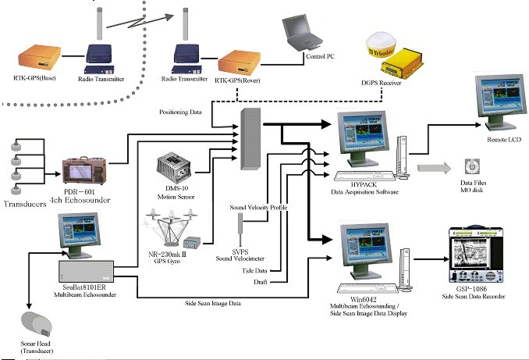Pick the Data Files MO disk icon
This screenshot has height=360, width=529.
472,167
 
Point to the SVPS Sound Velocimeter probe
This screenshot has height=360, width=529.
240,233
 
